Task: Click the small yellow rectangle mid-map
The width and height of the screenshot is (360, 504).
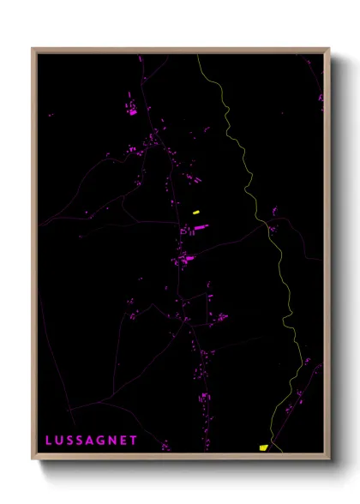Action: (196, 212)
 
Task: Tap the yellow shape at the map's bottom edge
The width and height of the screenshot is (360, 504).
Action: (263, 447)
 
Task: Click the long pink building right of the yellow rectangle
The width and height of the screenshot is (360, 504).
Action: (201, 227)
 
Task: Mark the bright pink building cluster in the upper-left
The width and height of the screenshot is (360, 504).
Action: (133, 111)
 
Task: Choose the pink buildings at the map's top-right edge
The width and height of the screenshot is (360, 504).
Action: (321, 99)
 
